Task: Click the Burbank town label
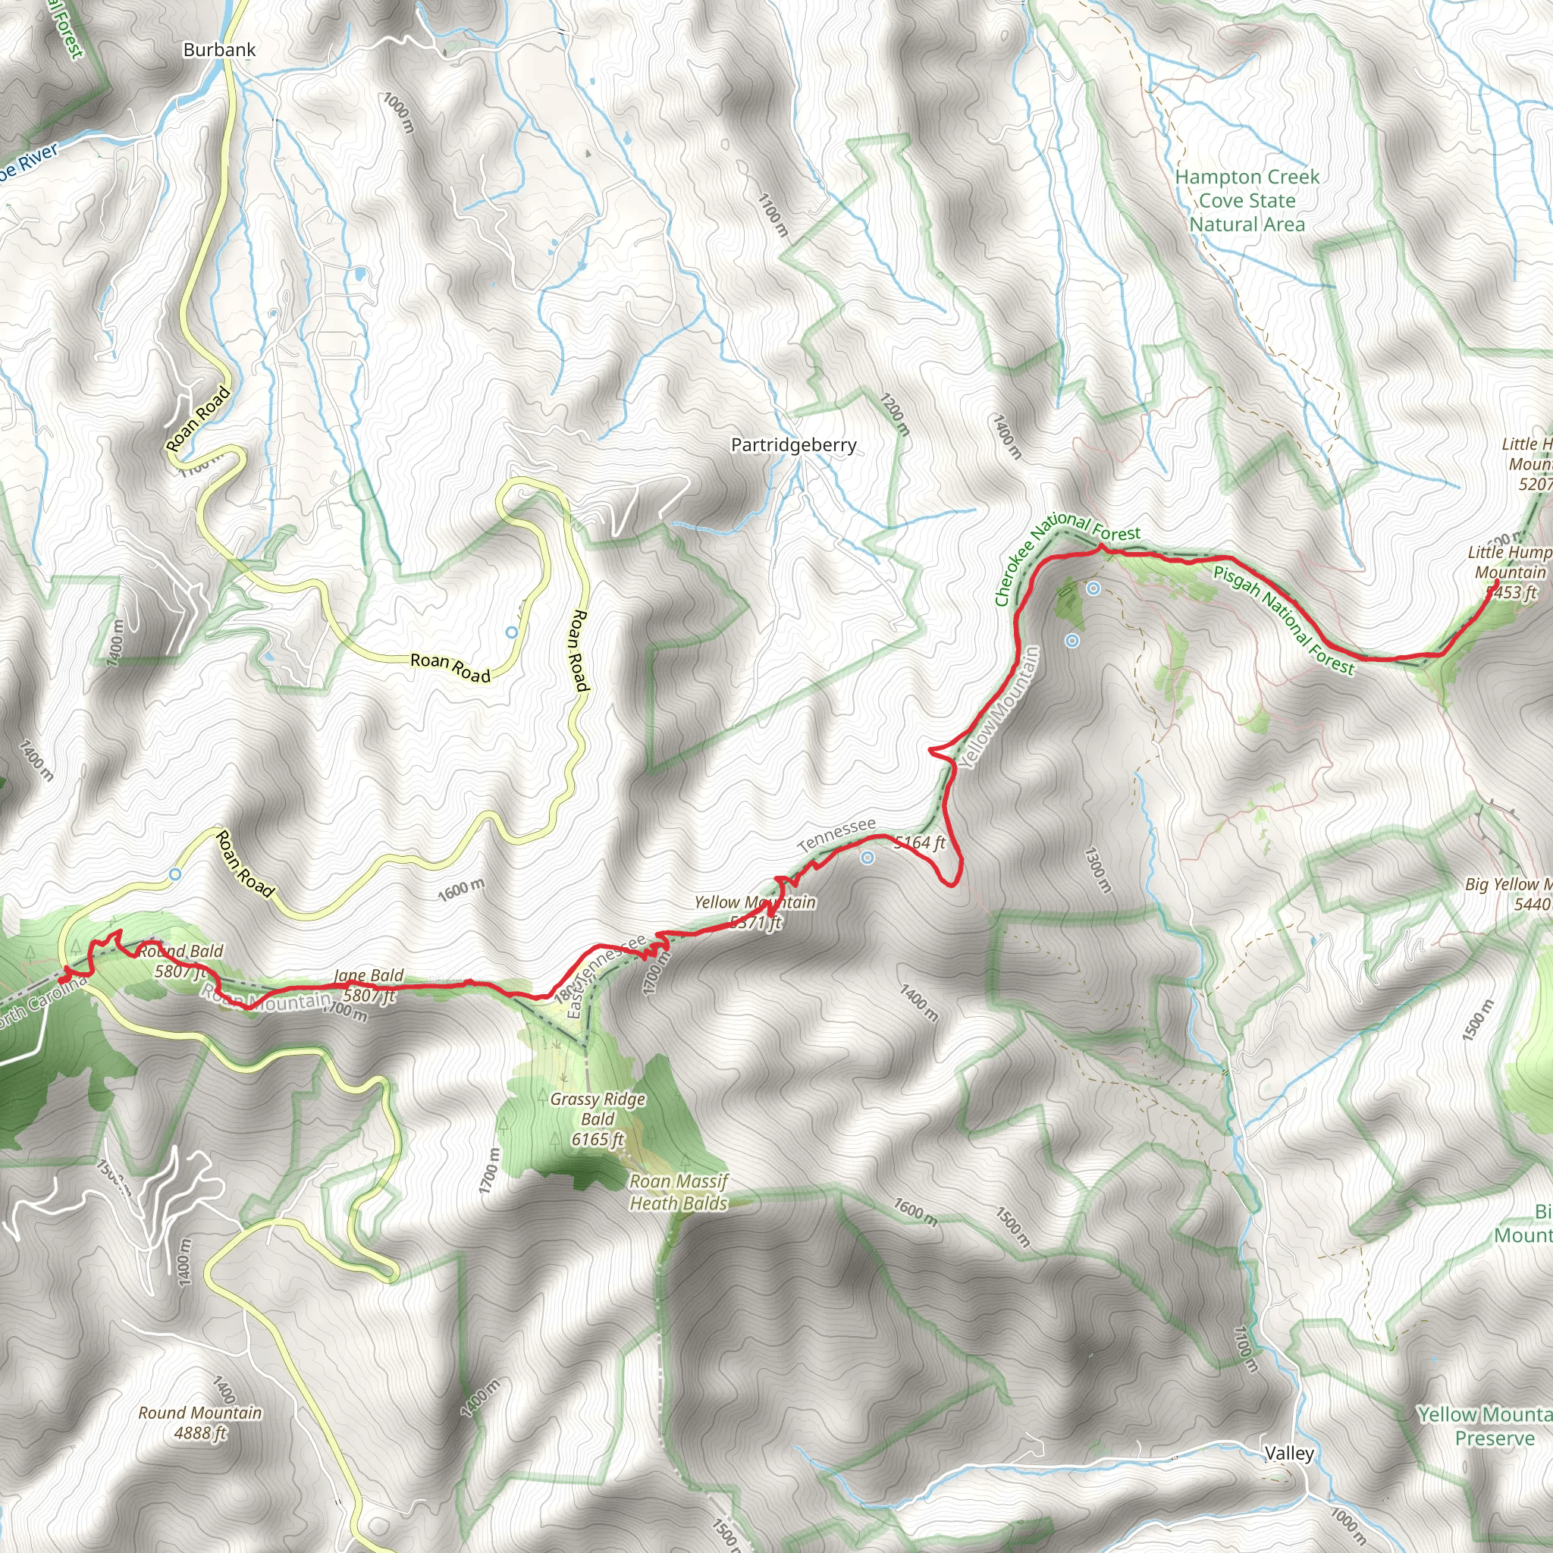point(219,50)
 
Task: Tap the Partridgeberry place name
point(793,444)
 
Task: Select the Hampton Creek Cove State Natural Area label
point(1247,200)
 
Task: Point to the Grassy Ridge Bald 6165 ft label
point(598,1119)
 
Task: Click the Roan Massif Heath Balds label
point(679,1192)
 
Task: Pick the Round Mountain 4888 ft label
point(200,1423)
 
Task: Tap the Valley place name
point(1289,1454)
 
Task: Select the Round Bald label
point(181,952)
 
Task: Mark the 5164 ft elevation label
point(921,842)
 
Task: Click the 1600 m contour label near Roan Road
point(463,889)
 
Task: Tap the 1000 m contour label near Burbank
point(399,113)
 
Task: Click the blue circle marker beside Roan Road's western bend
point(175,874)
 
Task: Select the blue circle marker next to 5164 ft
point(867,858)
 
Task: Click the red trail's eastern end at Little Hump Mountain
point(1496,582)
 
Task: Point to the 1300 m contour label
point(1098,870)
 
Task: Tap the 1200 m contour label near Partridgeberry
point(894,415)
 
